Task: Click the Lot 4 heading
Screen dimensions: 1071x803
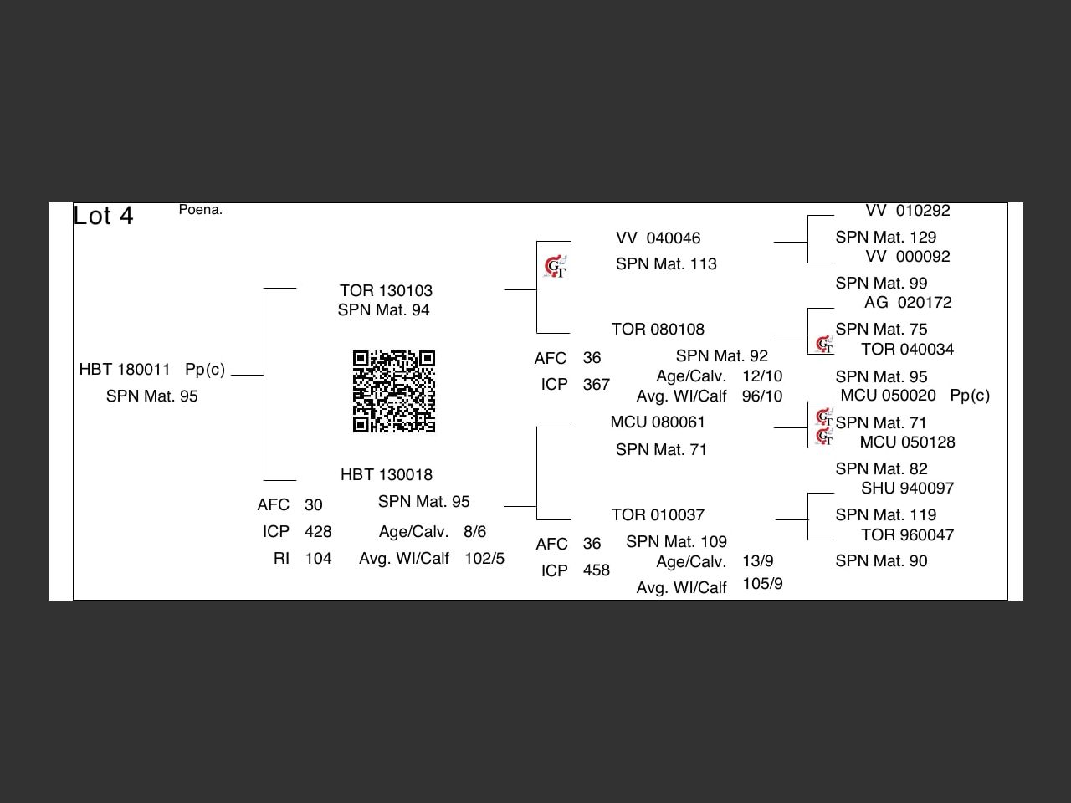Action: [103, 216]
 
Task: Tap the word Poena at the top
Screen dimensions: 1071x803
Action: [200, 210]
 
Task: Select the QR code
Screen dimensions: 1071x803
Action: [394, 391]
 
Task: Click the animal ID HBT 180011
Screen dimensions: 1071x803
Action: [125, 370]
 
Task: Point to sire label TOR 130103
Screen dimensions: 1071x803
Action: [386, 290]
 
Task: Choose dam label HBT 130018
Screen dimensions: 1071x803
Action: [386, 474]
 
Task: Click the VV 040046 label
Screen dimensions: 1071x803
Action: [658, 238]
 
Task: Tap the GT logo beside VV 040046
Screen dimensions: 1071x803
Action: [556, 266]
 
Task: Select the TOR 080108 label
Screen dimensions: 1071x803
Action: [658, 329]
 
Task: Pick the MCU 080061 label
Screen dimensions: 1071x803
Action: [658, 422]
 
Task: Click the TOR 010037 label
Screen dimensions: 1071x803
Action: [658, 515]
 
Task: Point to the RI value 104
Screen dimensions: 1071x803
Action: [318, 558]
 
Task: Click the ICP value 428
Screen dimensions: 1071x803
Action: [318, 531]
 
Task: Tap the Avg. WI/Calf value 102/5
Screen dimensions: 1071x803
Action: [484, 558]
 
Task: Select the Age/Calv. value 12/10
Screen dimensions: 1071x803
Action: [762, 376]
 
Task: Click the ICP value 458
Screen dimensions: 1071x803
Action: [597, 570]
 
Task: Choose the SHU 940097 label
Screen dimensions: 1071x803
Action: [907, 488]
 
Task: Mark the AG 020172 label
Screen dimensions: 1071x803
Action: [908, 302]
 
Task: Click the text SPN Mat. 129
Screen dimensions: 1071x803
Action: [885, 237]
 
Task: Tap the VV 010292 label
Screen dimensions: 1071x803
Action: [908, 211]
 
